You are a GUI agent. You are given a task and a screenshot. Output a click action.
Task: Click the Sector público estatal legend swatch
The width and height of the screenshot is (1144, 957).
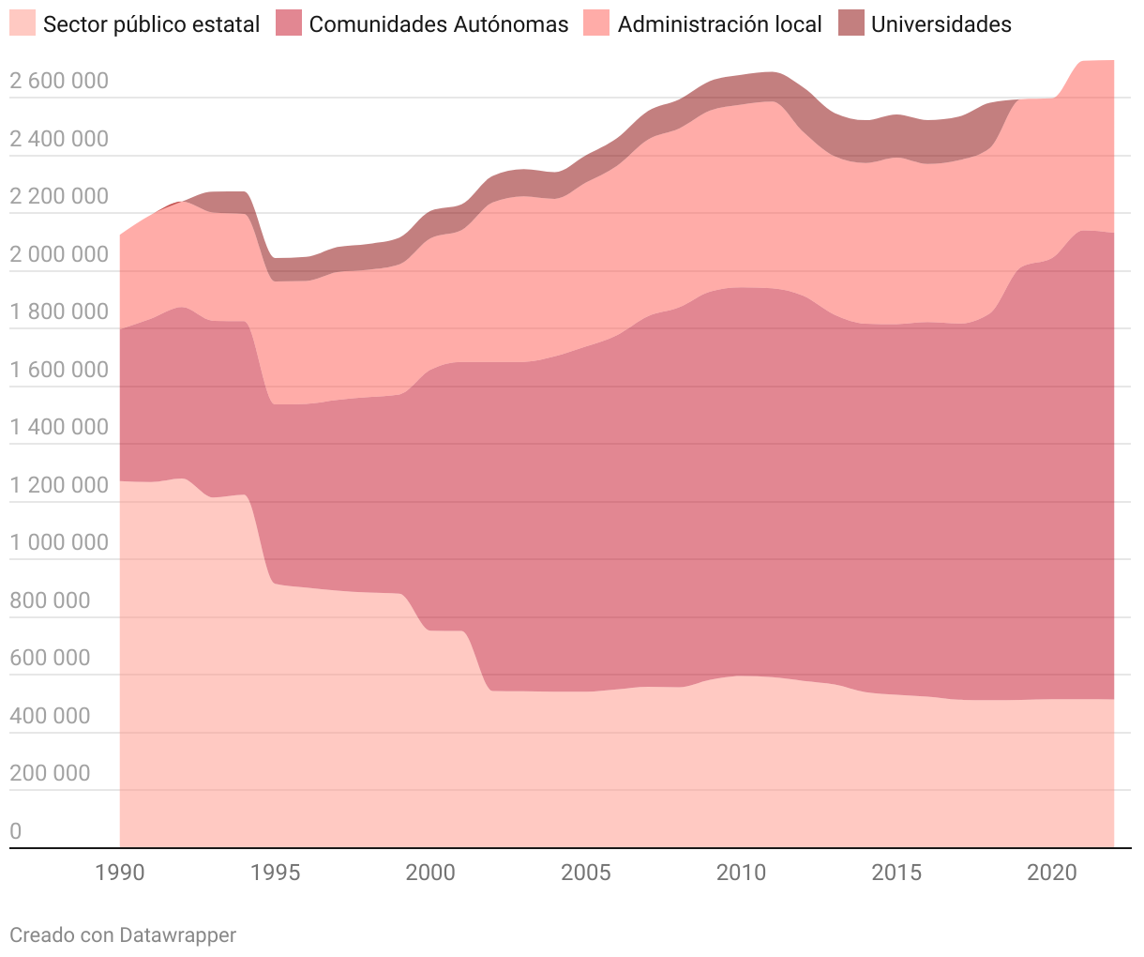tap(23, 23)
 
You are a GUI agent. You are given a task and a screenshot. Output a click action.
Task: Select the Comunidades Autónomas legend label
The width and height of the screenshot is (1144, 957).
tap(438, 24)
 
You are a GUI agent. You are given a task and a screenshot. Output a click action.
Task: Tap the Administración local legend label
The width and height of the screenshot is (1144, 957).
tap(719, 24)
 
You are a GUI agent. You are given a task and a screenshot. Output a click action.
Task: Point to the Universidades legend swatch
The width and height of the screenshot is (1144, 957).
tap(851, 23)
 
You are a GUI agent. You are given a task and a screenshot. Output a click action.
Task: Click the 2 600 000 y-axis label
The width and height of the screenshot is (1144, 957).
tap(59, 81)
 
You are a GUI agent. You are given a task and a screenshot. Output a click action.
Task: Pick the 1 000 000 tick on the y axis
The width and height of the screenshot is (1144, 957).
tap(59, 542)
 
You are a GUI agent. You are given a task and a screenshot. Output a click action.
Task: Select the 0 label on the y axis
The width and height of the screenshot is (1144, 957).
tap(16, 831)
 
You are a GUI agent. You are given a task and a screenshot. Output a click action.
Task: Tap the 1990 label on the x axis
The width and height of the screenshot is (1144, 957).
tap(120, 873)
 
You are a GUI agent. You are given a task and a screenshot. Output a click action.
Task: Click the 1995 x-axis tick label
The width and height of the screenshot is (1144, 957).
tap(276, 873)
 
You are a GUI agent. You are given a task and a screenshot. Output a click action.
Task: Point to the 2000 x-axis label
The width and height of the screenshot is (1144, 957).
tap(430, 873)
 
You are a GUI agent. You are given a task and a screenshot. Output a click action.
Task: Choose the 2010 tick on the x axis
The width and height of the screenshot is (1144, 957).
tap(741, 873)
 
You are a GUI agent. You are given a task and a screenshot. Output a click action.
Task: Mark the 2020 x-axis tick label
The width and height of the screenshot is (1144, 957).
tap(1051, 873)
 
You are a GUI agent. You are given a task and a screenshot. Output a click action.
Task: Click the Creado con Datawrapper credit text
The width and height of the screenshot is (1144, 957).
tap(123, 934)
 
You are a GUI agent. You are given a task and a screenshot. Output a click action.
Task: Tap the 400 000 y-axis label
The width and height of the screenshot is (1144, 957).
tap(51, 716)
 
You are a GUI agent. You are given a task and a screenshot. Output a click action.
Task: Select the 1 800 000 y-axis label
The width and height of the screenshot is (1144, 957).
tap(59, 311)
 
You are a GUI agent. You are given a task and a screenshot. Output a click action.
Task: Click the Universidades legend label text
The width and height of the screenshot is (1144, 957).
tap(941, 24)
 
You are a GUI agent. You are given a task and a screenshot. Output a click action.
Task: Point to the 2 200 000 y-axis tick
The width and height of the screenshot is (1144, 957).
tap(59, 196)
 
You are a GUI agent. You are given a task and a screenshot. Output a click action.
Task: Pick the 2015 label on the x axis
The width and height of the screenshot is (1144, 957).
tap(896, 873)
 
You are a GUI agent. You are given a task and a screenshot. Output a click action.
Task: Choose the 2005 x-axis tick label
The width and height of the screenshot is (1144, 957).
tap(586, 873)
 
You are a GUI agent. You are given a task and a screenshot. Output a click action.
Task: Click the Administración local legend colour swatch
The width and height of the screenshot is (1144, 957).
tap(596, 23)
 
